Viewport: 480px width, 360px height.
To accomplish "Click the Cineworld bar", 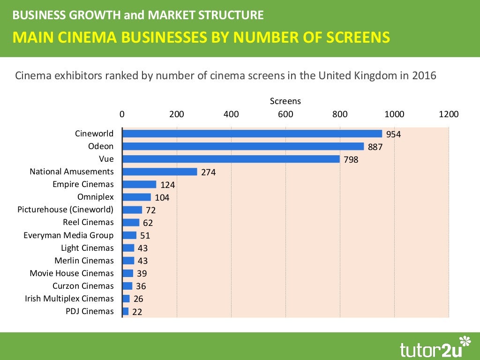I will [x=252, y=134].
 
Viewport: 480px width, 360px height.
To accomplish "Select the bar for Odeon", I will [x=243, y=146].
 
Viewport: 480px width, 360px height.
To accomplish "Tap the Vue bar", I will [x=231, y=159].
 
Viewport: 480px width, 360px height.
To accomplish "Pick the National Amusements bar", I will [x=159, y=172].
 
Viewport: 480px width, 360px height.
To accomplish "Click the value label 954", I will [x=393, y=135].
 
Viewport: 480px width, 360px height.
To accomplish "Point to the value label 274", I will [x=208, y=172].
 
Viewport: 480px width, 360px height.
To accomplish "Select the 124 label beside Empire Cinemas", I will [x=167, y=185].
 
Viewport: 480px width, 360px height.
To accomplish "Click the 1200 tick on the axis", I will [x=449, y=114].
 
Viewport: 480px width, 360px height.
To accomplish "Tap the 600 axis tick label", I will [x=285, y=114].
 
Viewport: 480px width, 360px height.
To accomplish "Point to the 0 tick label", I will [x=122, y=114].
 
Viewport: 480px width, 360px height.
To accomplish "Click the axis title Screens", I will [x=285, y=101].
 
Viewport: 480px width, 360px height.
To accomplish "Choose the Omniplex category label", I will [x=96, y=197].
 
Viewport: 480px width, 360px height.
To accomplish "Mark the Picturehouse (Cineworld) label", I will [x=66, y=210].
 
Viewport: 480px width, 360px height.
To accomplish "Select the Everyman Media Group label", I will [x=68, y=235].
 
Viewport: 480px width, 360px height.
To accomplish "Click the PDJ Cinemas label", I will [x=90, y=311].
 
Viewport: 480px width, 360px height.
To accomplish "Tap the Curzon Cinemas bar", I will [x=127, y=286].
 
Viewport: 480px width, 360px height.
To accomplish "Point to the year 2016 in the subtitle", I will [x=424, y=75].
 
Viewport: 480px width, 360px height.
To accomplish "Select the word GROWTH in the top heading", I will [x=97, y=15].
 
